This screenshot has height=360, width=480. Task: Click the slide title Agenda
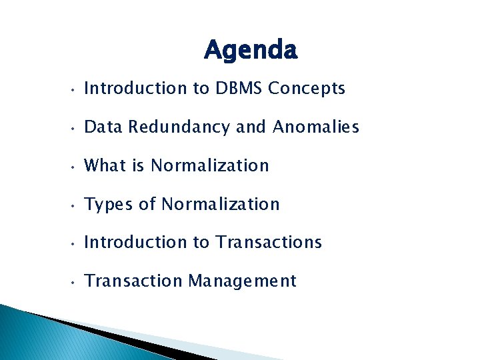coord(251,50)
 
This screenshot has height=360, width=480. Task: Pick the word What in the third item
coord(105,165)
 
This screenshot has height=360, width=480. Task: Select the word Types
coord(109,204)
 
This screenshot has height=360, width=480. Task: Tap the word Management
coord(242,281)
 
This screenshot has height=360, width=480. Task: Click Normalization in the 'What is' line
coord(210,165)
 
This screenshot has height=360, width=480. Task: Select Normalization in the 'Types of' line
coord(221,204)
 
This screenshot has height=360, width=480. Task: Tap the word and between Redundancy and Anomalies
coord(251,127)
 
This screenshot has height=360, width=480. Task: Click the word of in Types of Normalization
coord(147,204)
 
